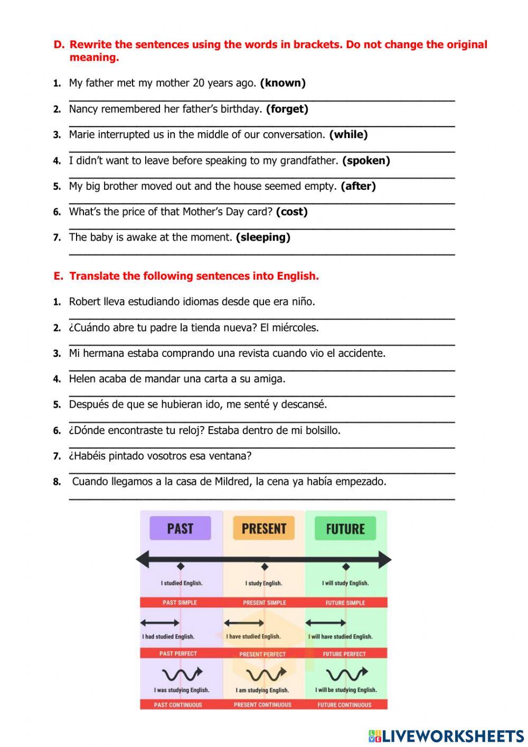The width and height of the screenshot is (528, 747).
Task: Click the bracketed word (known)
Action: pos(282,83)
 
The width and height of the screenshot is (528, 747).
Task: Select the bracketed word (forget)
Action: pos(287,109)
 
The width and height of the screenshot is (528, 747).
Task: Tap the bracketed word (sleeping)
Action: pos(263,237)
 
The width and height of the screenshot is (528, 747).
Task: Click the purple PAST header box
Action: pos(180,528)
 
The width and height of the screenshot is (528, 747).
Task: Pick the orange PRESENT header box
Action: pos(263,528)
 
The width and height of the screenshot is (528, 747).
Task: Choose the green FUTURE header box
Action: pos(345,529)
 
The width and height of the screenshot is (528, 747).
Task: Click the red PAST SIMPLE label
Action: pos(180,602)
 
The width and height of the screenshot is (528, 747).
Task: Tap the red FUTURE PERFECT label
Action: pos(344,654)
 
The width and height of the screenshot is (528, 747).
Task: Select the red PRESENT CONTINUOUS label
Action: pos(262,705)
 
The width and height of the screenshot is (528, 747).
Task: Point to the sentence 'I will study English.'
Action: pos(345,583)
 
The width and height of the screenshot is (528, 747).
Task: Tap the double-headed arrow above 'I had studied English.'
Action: pos(160,623)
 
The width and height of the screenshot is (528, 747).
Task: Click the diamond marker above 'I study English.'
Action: pos(265,567)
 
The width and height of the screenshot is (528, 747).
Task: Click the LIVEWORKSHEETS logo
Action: pos(446,736)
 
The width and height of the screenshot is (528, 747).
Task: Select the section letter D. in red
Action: pos(59,45)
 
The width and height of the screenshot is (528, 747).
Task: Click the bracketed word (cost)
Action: pos(291,212)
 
